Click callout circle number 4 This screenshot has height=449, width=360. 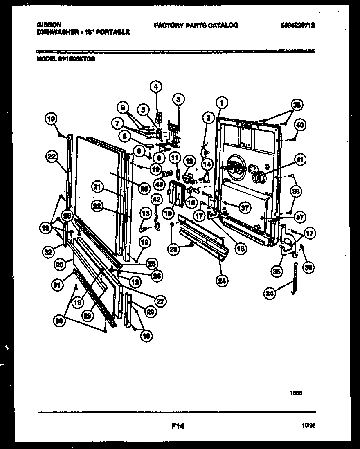tap(155, 86)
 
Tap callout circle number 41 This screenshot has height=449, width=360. tap(300, 161)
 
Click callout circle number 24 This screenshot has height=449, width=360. tap(223, 281)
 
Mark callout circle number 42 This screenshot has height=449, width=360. tap(156, 199)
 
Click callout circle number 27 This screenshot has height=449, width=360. tap(161, 302)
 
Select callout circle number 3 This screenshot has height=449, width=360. tap(178, 99)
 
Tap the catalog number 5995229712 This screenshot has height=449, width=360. tap(298, 25)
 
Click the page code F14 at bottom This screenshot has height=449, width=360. tap(178, 426)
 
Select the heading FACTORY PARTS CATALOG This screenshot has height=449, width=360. tap(196, 25)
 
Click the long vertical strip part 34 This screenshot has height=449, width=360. tap(295, 278)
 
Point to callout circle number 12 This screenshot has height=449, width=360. tap(189, 160)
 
